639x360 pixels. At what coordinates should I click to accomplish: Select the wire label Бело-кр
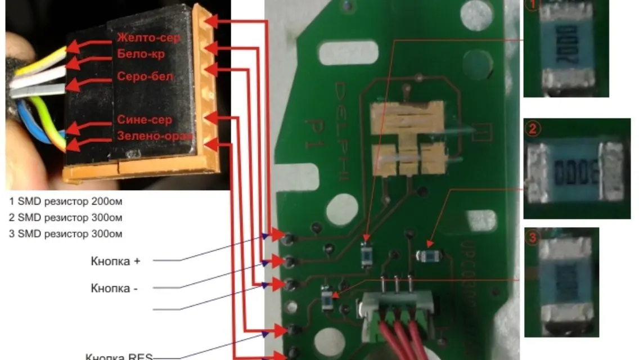pyautogui.click(x=141, y=55)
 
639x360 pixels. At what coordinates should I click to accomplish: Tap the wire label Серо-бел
pyautogui.click(x=145, y=76)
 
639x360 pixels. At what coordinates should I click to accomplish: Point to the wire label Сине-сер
pyautogui.click(x=145, y=120)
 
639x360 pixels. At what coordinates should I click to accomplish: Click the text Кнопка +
pyautogui.click(x=115, y=262)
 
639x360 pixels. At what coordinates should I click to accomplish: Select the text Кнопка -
pyautogui.click(x=115, y=289)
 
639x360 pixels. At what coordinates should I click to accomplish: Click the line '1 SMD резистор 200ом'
pyautogui.click(x=66, y=201)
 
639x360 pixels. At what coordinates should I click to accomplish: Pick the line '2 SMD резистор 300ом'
pyautogui.click(x=66, y=217)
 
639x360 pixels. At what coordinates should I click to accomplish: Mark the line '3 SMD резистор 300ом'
pyautogui.click(x=66, y=233)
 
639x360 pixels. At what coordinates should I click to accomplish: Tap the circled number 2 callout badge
pyautogui.click(x=532, y=128)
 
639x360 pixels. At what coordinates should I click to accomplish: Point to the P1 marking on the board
pyautogui.click(x=312, y=133)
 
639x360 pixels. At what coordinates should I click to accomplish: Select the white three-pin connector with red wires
pyautogui.click(x=397, y=307)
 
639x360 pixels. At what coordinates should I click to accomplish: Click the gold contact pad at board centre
pyautogui.click(x=407, y=138)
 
